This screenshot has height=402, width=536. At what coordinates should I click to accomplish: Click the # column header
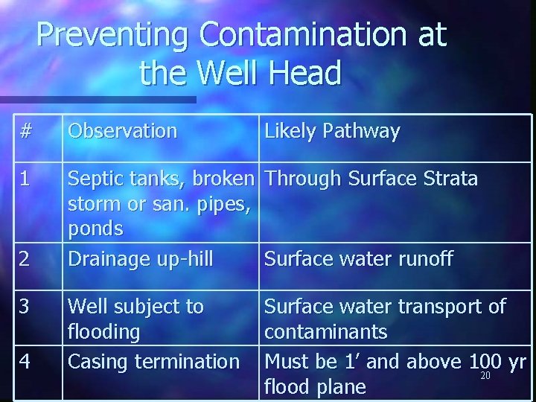click(x=26, y=132)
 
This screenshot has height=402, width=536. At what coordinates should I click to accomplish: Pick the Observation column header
click(x=122, y=132)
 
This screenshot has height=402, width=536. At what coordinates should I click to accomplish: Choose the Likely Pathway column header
click(x=332, y=132)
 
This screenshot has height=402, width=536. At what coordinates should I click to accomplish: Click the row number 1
click(x=25, y=179)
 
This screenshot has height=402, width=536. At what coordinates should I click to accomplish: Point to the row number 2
click(x=26, y=258)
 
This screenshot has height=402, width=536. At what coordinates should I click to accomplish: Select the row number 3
click(x=26, y=307)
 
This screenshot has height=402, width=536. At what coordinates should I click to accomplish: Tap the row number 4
click(x=26, y=362)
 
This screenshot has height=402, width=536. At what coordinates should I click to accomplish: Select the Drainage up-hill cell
click(x=140, y=258)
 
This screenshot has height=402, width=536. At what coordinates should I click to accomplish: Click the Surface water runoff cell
click(x=359, y=258)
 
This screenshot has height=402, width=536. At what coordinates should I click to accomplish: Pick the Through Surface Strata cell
click(x=371, y=179)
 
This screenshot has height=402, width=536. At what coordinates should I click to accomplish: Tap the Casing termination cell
click(x=153, y=362)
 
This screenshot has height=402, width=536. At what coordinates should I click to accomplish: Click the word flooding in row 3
click(x=103, y=332)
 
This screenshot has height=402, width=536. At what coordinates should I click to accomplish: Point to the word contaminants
click(x=326, y=332)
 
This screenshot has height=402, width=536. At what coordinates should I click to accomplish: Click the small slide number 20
click(x=485, y=376)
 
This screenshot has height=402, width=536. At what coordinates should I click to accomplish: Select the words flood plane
click(x=315, y=387)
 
